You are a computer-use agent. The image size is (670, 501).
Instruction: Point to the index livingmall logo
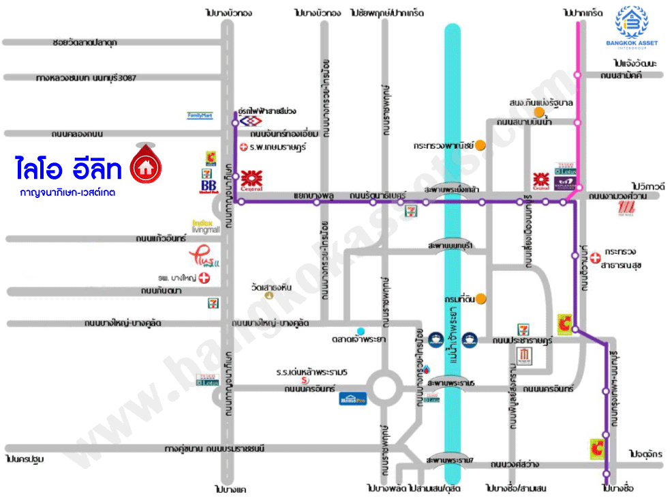coord(206,227)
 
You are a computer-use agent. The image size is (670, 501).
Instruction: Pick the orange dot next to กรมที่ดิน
coord(481,298)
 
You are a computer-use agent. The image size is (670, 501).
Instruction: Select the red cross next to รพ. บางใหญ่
coord(202,278)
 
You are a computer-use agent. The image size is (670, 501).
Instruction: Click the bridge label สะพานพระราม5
coord(450,383)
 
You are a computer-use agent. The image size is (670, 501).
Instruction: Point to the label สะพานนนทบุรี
coord(450,245)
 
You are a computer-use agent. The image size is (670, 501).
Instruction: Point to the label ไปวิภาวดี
coord(648,186)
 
